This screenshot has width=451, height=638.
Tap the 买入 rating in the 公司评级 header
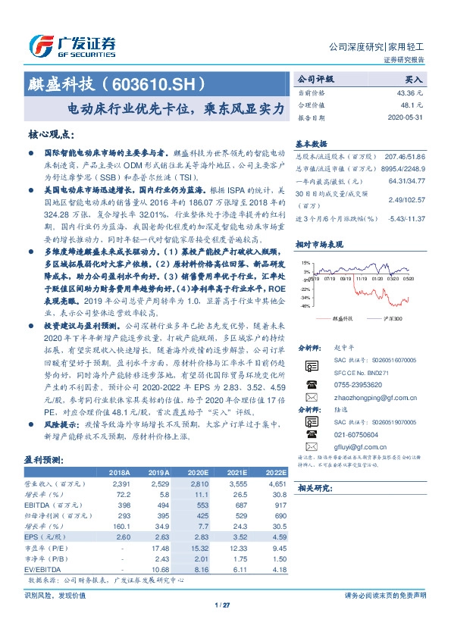tap(414, 78)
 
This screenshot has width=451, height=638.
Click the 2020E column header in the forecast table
tap(197, 471)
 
